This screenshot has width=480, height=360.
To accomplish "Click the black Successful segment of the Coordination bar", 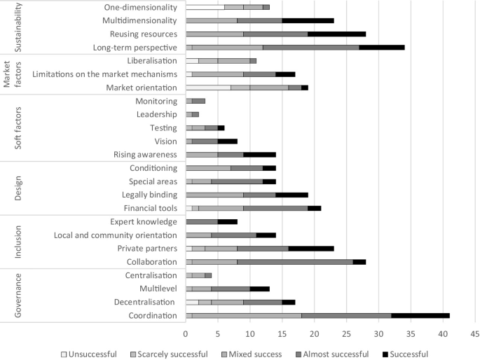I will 420,315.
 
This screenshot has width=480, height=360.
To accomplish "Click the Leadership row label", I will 157,114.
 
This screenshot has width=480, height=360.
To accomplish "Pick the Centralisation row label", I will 151,275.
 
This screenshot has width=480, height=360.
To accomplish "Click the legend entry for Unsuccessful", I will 89,353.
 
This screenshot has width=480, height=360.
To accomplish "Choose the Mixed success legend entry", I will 251,353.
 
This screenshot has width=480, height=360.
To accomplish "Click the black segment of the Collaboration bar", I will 359,261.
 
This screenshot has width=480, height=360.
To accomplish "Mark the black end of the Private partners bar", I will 311,248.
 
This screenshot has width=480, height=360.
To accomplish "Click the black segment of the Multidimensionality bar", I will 308,20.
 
